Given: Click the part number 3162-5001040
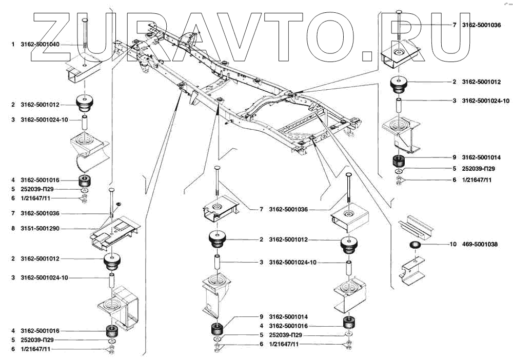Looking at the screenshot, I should click(40, 45).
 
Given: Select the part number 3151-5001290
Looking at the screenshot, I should click(40, 228).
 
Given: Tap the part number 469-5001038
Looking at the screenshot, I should click(480, 245).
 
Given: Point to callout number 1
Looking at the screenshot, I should click(13, 45).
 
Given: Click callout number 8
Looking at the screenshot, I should click(13, 228).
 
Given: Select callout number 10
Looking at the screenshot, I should click(453, 245).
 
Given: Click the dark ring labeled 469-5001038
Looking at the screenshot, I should click(415, 245).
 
